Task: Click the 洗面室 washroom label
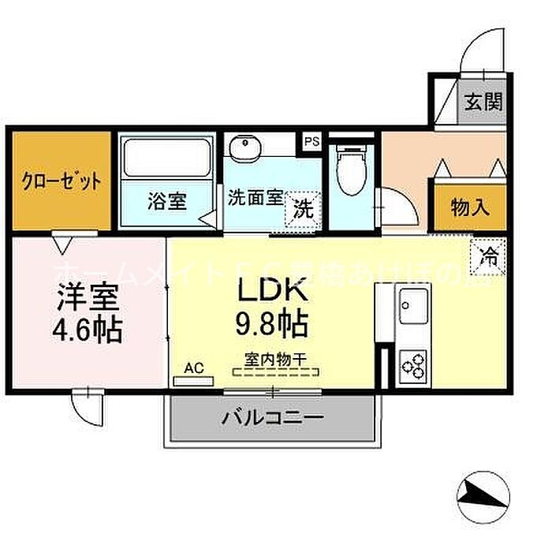click(x=255, y=198)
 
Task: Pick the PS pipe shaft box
click(x=312, y=142)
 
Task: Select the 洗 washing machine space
click(x=303, y=208)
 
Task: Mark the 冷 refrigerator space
click(x=488, y=254)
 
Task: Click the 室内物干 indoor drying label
click(x=274, y=357)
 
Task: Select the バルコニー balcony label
click(x=272, y=417)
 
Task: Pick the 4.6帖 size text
click(x=88, y=329)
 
